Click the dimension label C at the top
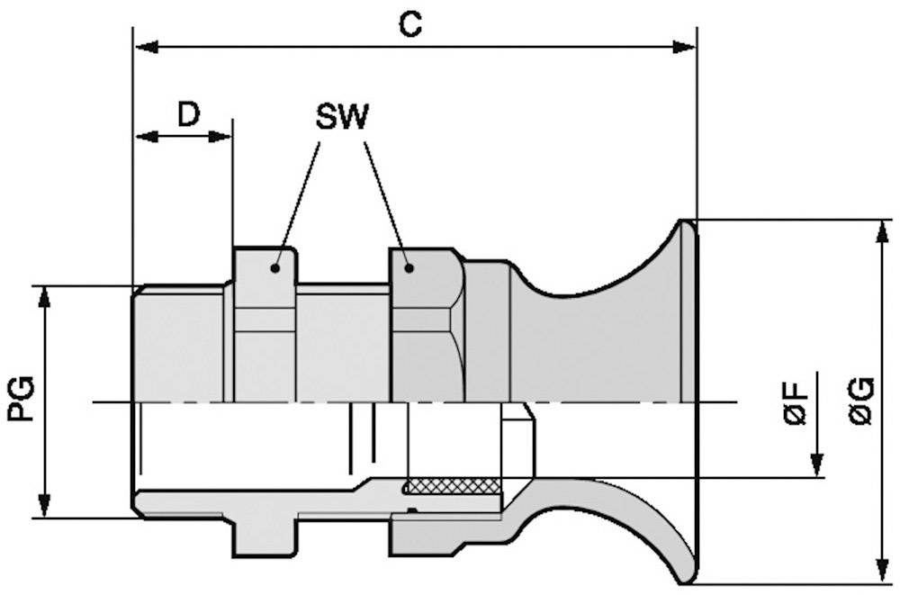point(410,24)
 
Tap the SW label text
point(342,117)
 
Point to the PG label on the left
point(21,400)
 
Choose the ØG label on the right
point(861,401)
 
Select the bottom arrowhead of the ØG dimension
point(878,572)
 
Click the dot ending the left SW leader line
point(276,267)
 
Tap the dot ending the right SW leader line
point(409,266)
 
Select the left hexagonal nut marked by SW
point(265,324)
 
